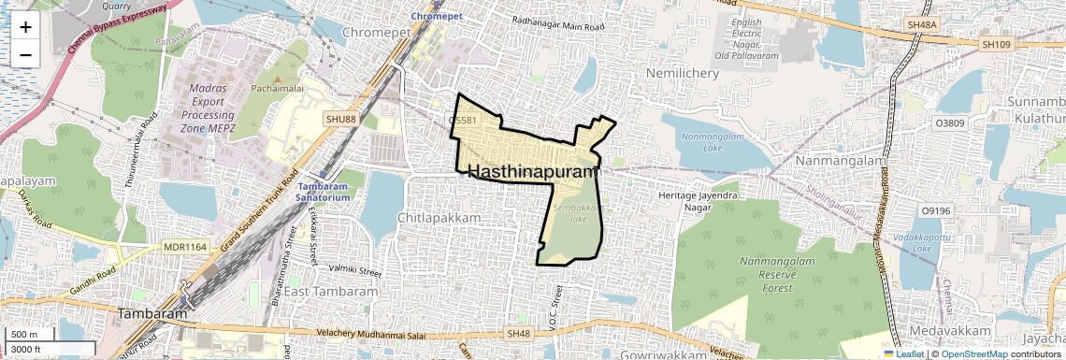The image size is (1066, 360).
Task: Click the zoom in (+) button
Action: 25,26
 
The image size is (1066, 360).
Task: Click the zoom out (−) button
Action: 25,54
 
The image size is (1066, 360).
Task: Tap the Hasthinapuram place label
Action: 530,172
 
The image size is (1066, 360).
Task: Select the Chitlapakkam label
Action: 439,218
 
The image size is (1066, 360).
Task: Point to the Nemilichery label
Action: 681,72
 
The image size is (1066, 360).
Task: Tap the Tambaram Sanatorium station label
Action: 317,193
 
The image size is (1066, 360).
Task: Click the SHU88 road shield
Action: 341,119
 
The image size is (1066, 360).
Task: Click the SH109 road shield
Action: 998,44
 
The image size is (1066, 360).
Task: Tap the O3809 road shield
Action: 949,122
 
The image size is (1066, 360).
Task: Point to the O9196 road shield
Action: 935,211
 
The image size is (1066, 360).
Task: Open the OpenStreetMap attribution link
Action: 974,354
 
